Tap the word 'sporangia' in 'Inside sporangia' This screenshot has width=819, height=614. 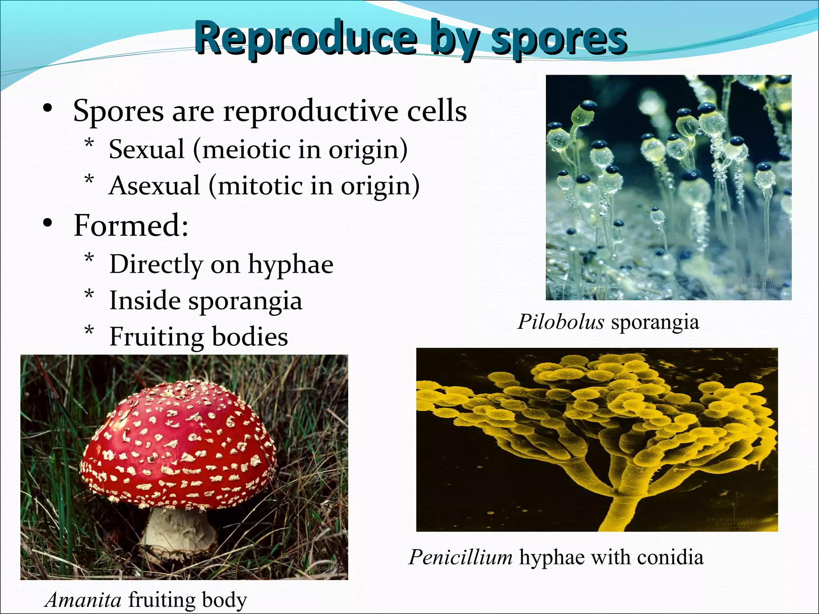pos(245,301)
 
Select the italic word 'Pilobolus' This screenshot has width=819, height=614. pos(561,322)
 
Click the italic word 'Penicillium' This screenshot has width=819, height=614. pos(460,557)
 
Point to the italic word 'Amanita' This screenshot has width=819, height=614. pos(83,600)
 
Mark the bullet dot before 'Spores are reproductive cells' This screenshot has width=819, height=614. pos(48,108)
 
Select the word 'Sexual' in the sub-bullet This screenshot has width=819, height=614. pos(146,150)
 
